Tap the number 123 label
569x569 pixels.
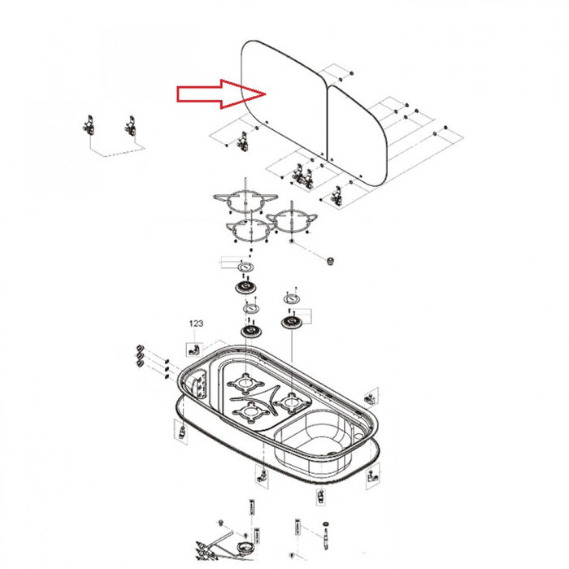[x=196, y=324]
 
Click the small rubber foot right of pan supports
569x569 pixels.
[x=331, y=261]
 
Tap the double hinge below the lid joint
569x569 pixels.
[x=302, y=174]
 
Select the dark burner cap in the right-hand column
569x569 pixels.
[x=290, y=323]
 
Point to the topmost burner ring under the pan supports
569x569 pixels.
[x=243, y=267]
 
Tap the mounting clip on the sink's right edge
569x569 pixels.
[x=370, y=398]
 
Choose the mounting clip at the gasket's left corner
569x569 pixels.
[x=183, y=431]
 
